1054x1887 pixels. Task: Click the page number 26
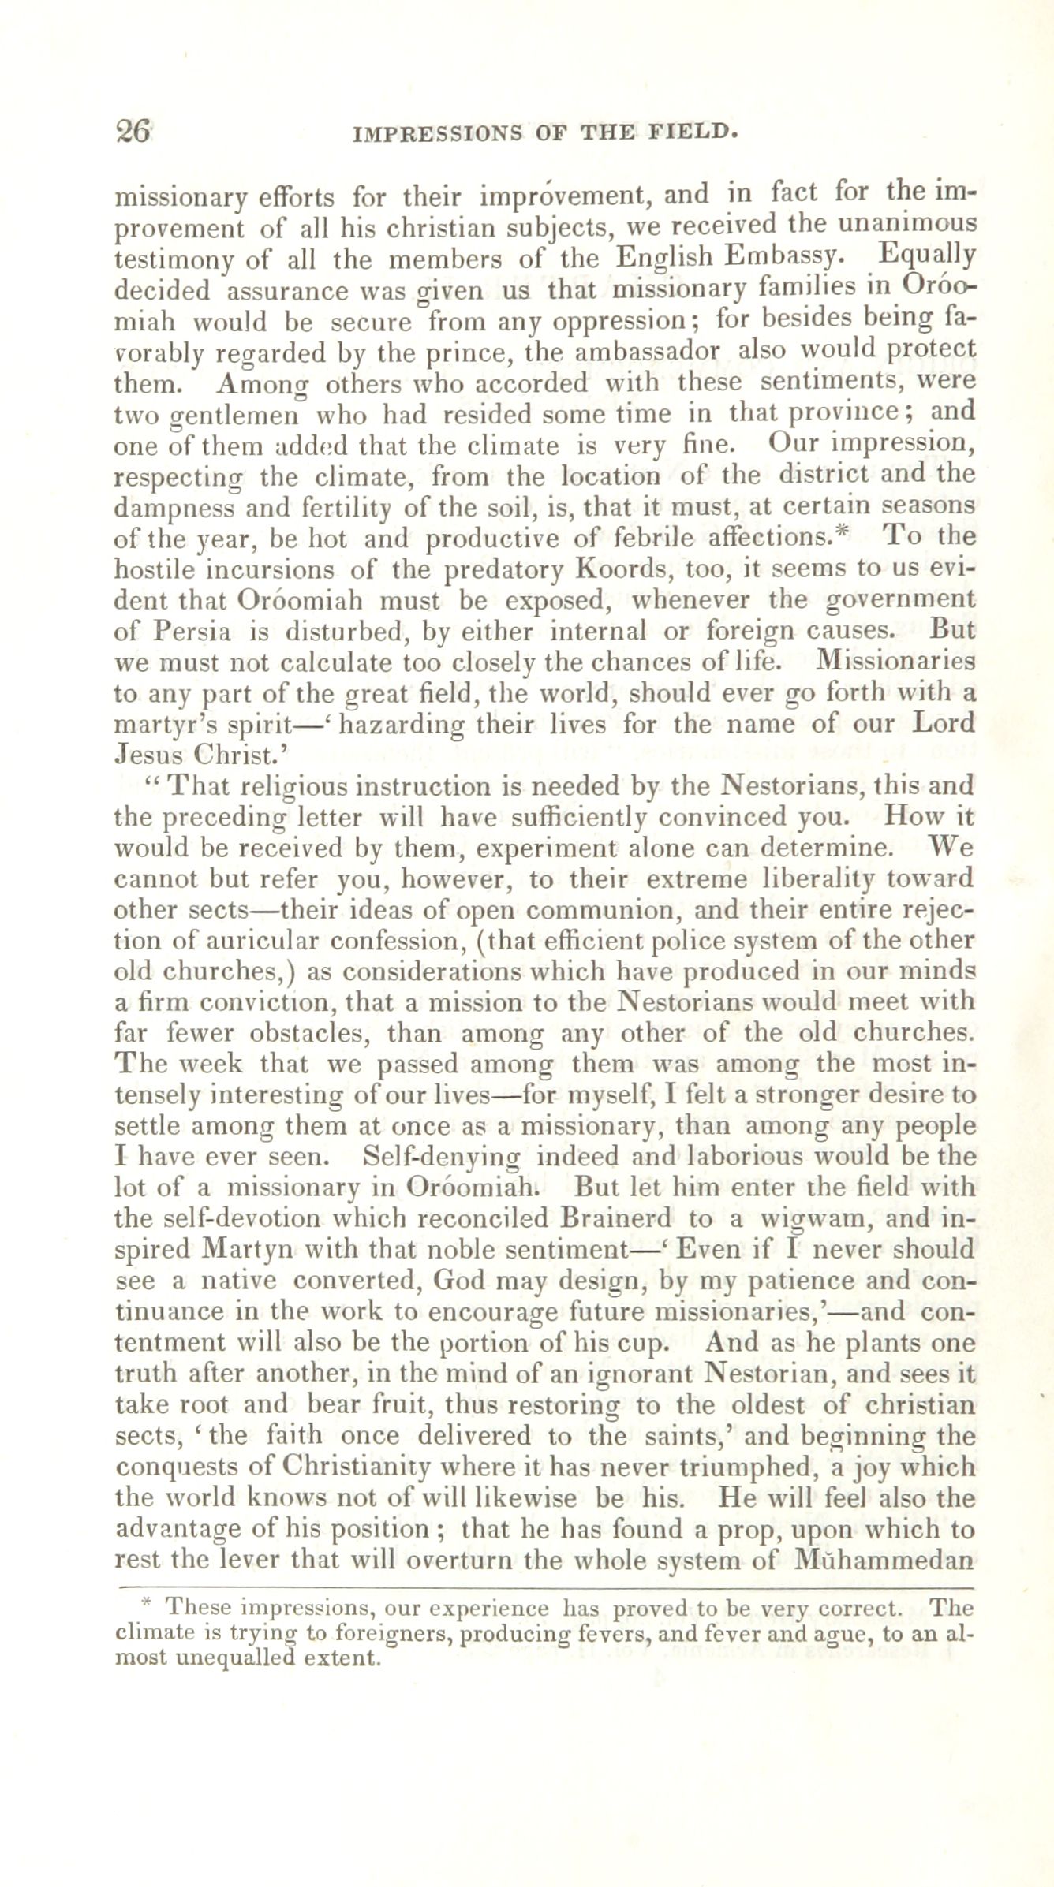click(133, 130)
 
